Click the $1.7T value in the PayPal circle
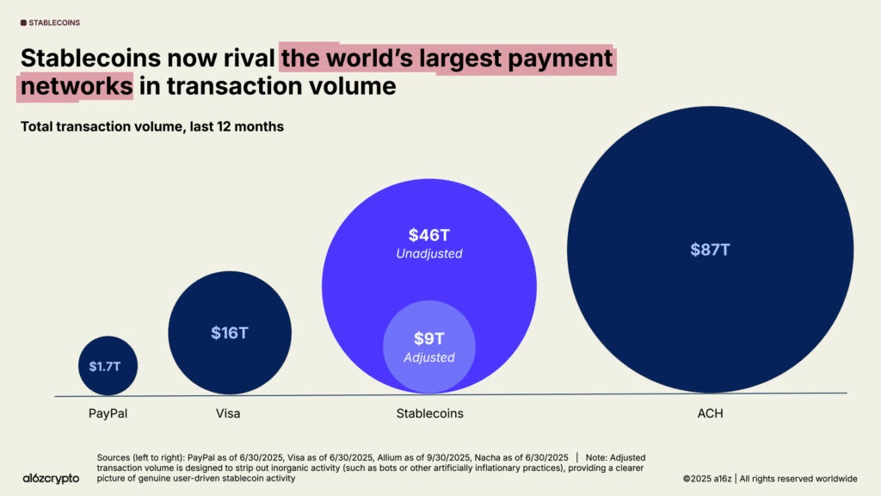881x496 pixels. [x=107, y=366]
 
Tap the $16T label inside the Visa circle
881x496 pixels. [x=229, y=333]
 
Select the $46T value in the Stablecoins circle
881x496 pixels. [x=429, y=235]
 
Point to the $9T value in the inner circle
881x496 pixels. [x=429, y=339]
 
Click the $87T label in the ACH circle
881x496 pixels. [x=710, y=250]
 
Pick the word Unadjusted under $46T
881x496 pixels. [x=429, y=254]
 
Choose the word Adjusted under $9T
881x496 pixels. [x=429, y=357]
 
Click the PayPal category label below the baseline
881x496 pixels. [x=108, y=413]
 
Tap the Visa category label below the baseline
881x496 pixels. [x=228, y=413]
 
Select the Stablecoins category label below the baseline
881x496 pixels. [x=429, y=413]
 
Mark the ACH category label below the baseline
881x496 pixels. [x=710, y=413]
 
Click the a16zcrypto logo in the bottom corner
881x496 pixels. [x=51, y=477]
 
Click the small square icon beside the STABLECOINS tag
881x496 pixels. [x=23, y=22]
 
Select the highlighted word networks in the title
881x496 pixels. [x=77, y=86]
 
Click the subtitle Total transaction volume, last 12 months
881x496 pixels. [x=152, y=127]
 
